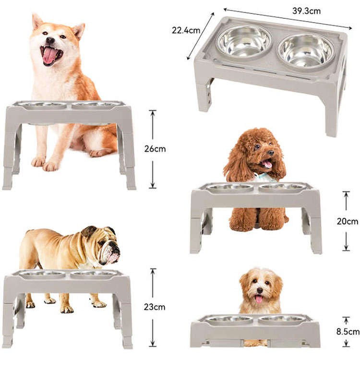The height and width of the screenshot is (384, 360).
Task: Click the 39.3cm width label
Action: pyautogui.click(x=306, y=10)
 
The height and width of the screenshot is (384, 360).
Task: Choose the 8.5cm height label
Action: pyautogui.click(x=348, y=331)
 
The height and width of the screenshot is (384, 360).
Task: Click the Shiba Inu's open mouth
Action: pyautogui.click(x=51, y=55)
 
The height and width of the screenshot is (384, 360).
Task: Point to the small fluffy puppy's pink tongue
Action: pyautogui.click(x=259, y=299)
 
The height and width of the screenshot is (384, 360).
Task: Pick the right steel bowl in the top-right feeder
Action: pyautogui.click(x=306, y=49)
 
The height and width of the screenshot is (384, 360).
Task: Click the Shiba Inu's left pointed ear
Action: pyautogui.click(x=37, y=22)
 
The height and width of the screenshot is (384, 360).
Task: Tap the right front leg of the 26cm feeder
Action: pyautogui.click(x=128, y=158)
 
